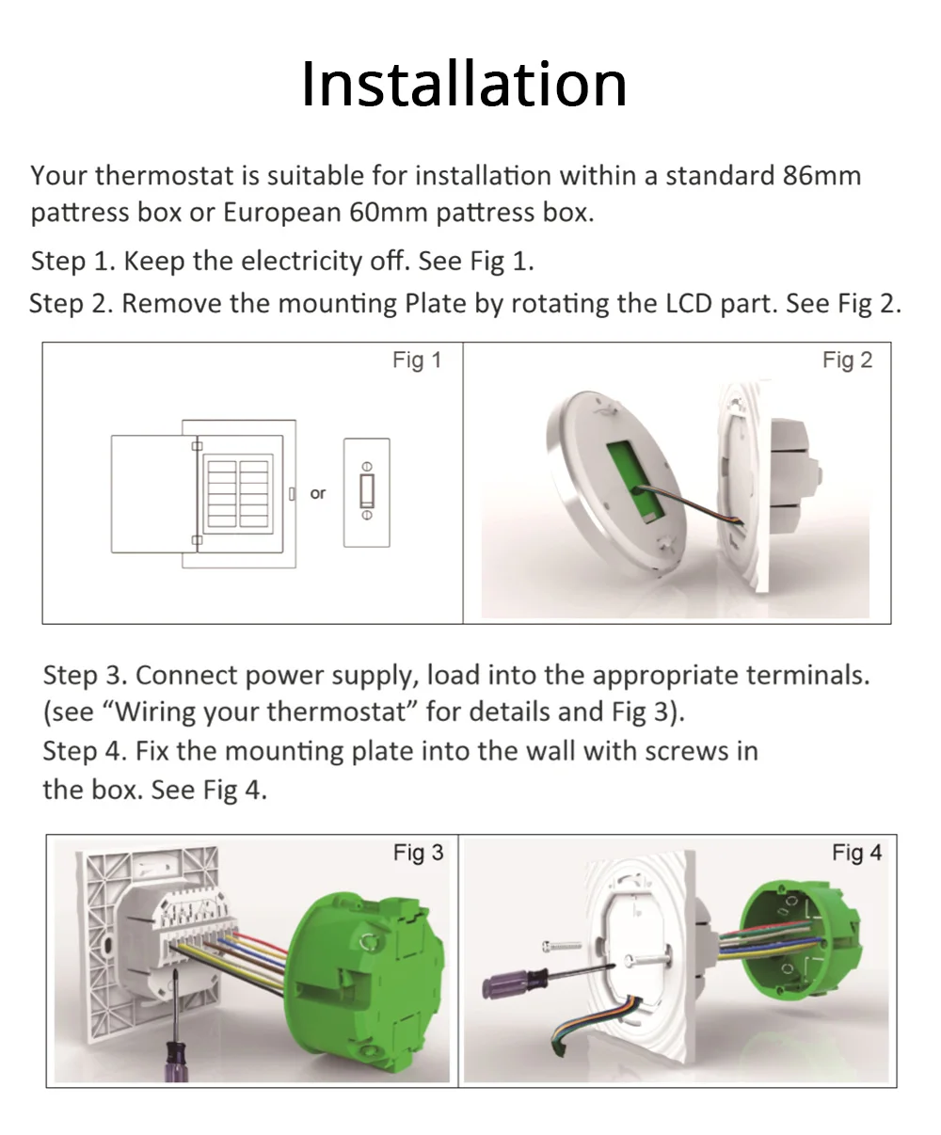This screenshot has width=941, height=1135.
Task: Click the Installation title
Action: [464, 85]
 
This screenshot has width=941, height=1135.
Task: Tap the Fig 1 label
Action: [417, 360]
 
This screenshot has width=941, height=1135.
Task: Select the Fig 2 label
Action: [847, 360]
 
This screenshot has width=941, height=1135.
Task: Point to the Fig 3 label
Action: [418, 853]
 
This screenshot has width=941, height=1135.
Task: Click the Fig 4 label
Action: [856, 853]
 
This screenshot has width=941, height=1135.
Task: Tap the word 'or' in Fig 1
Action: [317, 493]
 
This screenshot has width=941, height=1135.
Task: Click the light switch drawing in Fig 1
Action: [367, 492]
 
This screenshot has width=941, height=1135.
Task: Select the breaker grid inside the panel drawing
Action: [238, 493]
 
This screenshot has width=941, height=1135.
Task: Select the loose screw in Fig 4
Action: [562, 947]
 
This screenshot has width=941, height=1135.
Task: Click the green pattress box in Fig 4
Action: [799, 940]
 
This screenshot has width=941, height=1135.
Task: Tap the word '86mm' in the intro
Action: [821, 176]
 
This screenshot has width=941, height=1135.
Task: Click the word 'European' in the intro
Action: [281, 213]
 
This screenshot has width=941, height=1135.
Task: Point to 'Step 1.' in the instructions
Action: [73, 262]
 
